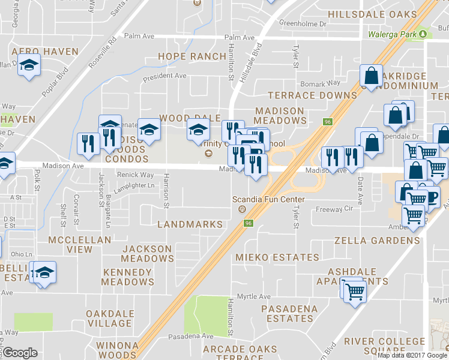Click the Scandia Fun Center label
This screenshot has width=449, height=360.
(268, 199)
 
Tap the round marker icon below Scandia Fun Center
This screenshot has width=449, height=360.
(243, 209)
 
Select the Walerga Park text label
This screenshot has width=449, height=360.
(393, 34)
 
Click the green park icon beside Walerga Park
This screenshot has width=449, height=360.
(425, 34)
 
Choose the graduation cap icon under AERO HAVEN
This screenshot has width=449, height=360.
(28, 64)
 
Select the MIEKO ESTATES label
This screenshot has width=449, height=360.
(277, 257)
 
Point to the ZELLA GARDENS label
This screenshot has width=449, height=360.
(377, 241)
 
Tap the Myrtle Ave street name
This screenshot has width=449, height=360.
(254, 296)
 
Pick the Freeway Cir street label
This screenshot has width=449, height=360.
(335, 209)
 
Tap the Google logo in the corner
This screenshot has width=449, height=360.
(20, 353)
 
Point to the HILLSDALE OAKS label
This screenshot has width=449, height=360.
(372, 14)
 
